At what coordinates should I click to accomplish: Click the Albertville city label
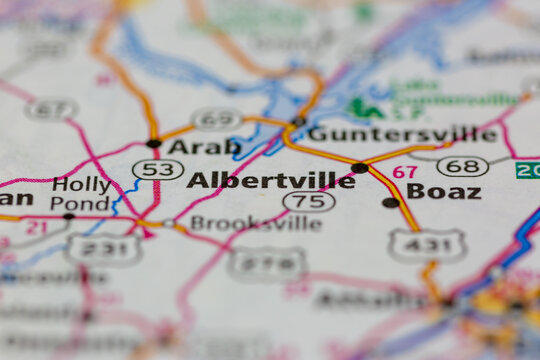click(270, 181)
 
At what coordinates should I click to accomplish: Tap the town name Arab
click(204, 147)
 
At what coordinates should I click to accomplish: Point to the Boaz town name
click(443, 191)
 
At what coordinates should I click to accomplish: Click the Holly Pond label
click(81, 193)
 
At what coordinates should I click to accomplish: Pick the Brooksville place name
click(255, 223)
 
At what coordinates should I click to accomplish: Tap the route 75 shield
click(308, 201)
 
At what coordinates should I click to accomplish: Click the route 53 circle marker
click(157, 170)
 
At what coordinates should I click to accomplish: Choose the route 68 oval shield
click(462, 166)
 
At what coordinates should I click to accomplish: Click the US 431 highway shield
click(426, 244)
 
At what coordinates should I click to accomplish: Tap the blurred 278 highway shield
click(266, 264)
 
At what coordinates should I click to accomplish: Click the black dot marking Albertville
click(359, 167)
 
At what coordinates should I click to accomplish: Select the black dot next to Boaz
click(390, 202)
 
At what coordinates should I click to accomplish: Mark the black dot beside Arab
click(153, 143)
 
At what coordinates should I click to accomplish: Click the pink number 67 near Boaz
click(404, 172)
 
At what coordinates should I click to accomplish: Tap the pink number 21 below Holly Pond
click(36, 228)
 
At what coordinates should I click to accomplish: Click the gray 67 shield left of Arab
click(52, 109)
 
